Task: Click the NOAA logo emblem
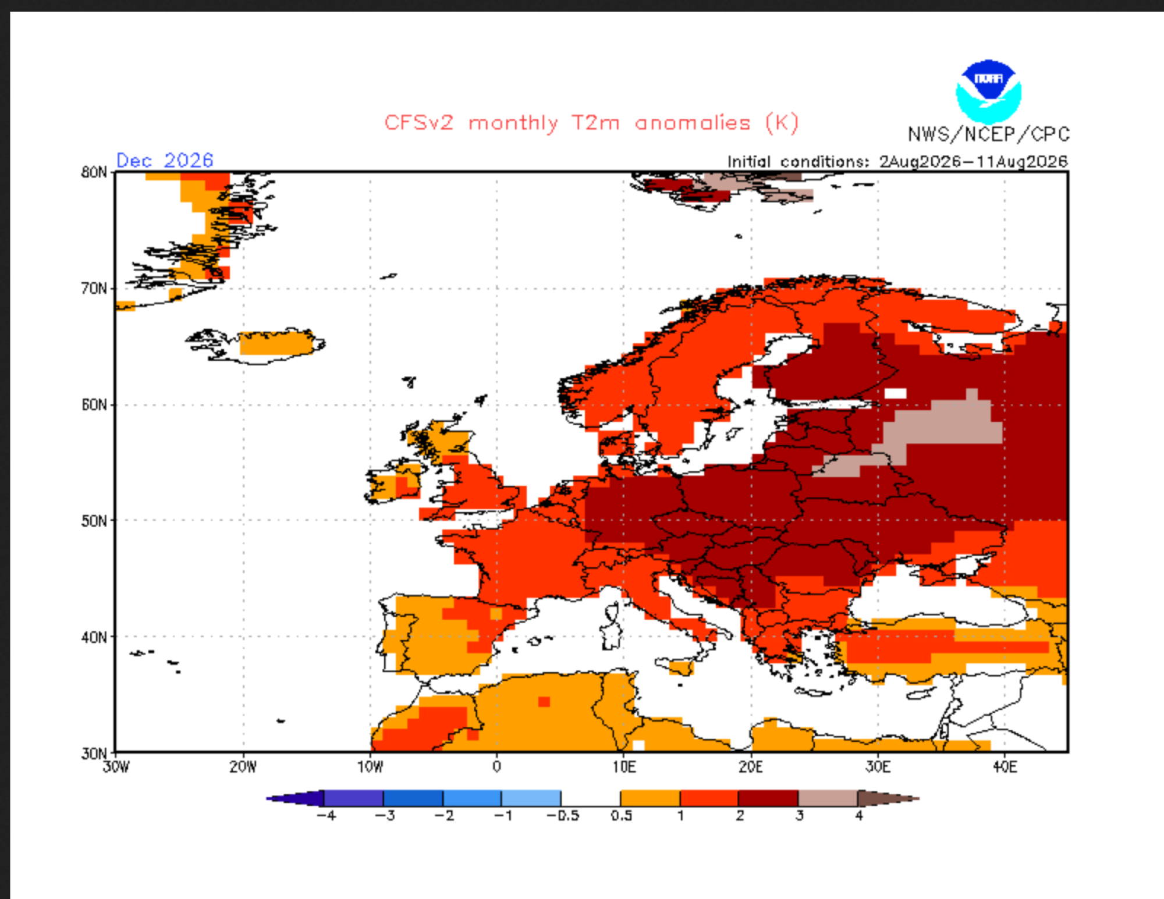[988, 91]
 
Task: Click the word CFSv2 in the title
[418, 123]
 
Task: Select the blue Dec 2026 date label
[165, 160]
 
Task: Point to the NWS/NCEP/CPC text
[988, 134]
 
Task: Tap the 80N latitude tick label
[94, 172]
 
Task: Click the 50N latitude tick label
[94, 521]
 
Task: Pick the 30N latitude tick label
[94, 754]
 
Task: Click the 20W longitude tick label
[243, 767]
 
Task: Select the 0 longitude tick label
[496, 767]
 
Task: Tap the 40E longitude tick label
[1005, 767]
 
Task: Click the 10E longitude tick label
[624, 767]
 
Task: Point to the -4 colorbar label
[326, 816]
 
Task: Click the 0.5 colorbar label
[621, 816]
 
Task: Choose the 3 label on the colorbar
[799, 816]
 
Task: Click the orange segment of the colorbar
[650, 798]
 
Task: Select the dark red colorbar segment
[768, 798]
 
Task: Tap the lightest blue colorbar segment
[531, 798]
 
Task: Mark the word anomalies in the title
[693, 123]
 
